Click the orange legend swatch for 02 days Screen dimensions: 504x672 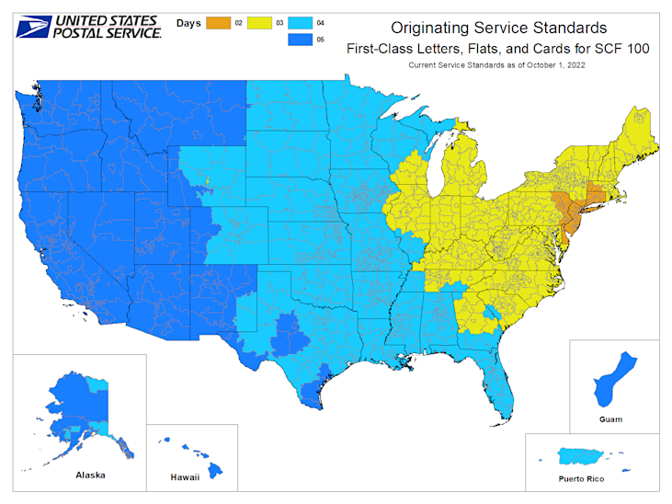pos(219,19)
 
